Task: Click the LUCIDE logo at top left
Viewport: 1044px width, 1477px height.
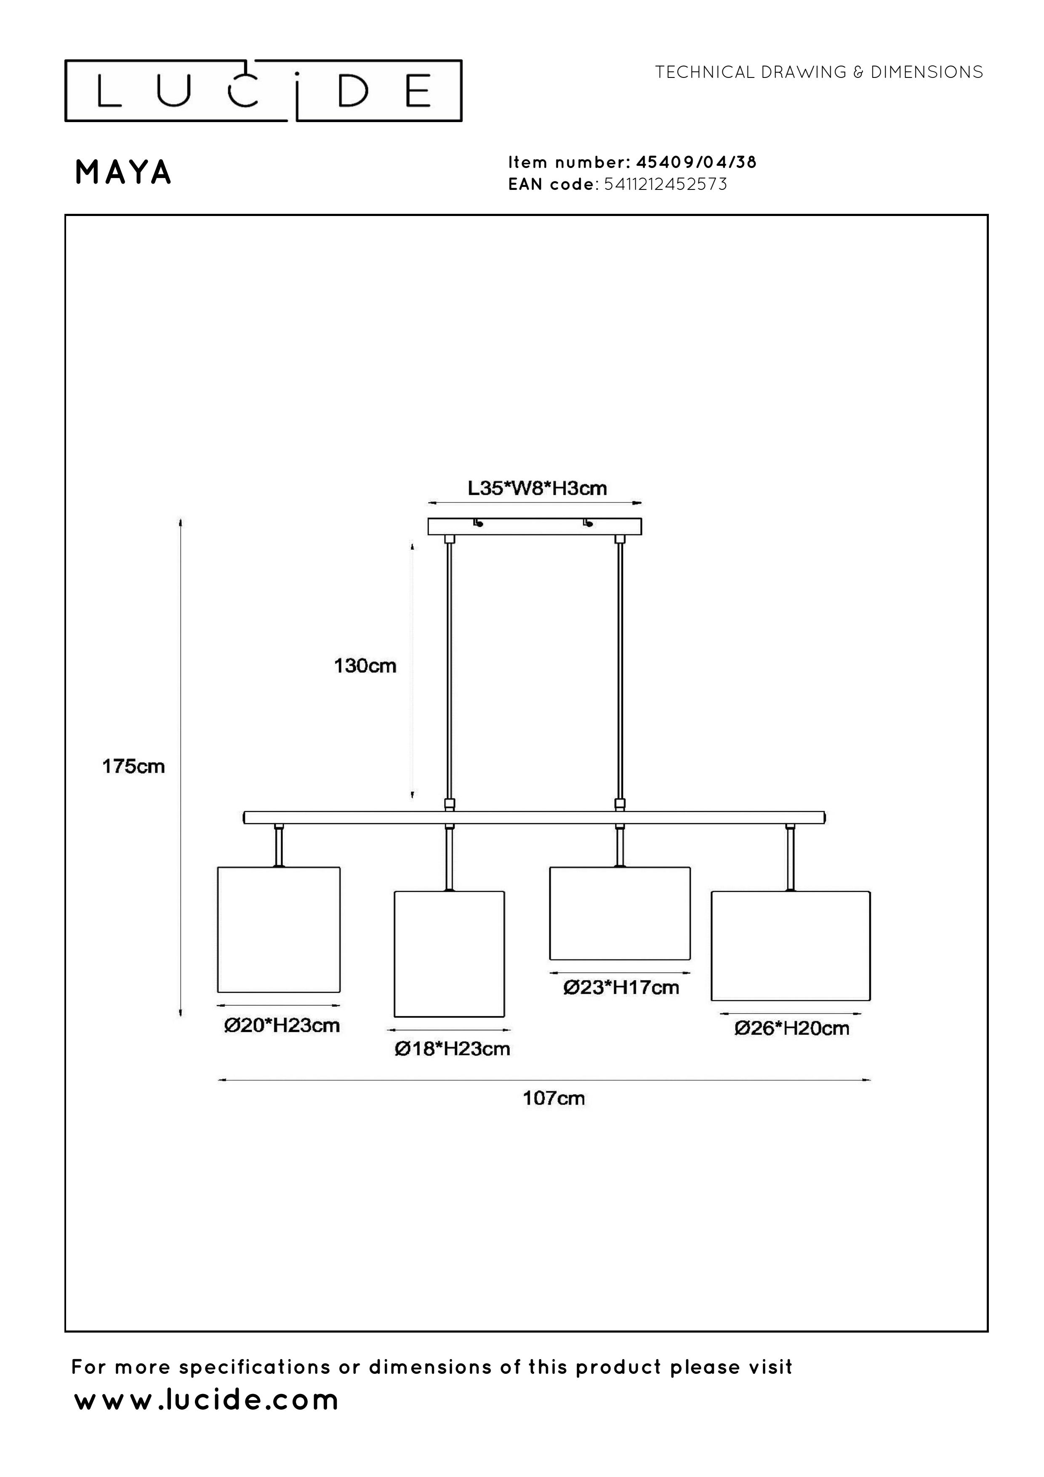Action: [263, 91]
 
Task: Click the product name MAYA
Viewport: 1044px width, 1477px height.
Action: [123, 172]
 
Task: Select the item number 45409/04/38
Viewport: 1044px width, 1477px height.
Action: [696, 162]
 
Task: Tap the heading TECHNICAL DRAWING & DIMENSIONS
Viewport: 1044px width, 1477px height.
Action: [819, 72]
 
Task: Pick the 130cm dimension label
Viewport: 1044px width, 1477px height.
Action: [365, 666]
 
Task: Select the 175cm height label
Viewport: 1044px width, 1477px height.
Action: [134, 766]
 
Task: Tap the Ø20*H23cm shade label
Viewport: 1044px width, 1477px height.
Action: [282, 1025]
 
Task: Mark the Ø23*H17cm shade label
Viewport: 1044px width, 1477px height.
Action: [621, 987]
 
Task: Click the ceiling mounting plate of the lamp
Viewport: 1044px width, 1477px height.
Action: [535, 527]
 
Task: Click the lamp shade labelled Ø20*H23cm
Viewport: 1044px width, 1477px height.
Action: [279, 930]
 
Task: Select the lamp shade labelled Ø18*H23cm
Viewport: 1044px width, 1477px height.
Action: [449, 954]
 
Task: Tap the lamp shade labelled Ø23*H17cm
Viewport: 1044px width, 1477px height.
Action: [619, 914]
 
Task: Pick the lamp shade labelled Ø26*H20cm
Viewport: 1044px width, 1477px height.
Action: [791, 946]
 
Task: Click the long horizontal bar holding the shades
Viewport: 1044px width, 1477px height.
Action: [534, 818]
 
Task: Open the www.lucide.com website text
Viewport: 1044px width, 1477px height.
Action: [206, 1400]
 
